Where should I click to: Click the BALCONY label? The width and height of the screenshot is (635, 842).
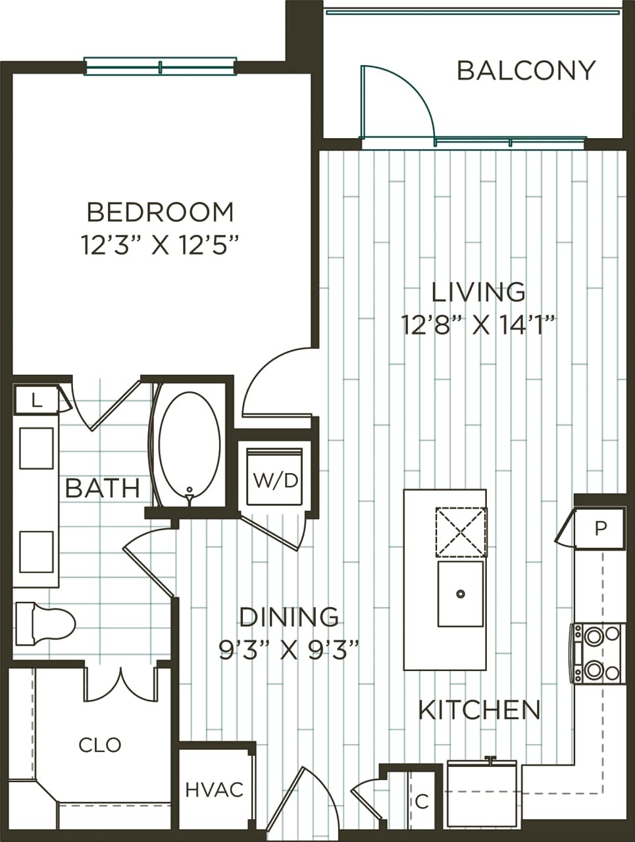(x=526, y=70)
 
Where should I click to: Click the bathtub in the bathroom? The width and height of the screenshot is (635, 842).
(x=190, y=445)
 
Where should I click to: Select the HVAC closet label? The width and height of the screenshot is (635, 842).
(x=215, y=789)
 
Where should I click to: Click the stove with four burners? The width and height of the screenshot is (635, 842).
(x=597, y=653)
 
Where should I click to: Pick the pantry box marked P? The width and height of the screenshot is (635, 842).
(x=599, y=529)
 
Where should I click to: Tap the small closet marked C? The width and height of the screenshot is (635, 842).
(x=422, y=801)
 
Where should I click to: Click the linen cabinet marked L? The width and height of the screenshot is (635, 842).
(x=37, y=400)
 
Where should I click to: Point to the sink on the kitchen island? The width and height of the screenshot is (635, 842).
(x=460, y=593)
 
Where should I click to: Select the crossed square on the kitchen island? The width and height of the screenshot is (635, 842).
(x=460, y=532)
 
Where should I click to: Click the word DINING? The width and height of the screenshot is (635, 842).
(x=289, y=616)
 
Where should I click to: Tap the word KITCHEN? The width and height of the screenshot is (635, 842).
(x=480, y=710)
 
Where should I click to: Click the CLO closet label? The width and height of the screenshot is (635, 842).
(x=99, y=745)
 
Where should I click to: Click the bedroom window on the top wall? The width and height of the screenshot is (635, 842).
(x=160, y=66)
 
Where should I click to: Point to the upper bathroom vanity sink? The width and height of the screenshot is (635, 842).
(x=36, y=448)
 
